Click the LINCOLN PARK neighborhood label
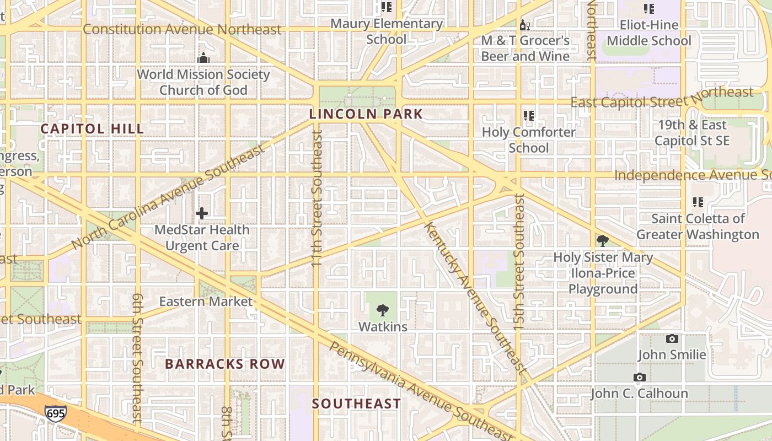point(366,115)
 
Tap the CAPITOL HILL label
point(92,129)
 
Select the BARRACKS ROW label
point(224,364)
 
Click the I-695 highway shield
point(56,413)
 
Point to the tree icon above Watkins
point(382,311)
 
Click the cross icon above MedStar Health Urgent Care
point(202,213)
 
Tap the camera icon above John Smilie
point(672,338)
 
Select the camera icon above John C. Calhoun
point(639,378)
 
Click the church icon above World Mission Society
point(203,58)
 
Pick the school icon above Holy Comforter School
point(529,116)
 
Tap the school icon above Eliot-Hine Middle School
point(648,9)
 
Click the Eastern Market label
point(206,302)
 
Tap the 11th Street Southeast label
point(317,198)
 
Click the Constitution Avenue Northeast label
point(182,29)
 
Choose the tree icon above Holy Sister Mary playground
point(602,241)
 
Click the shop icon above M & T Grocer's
point(525,25)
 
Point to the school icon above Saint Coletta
point(698,202)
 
